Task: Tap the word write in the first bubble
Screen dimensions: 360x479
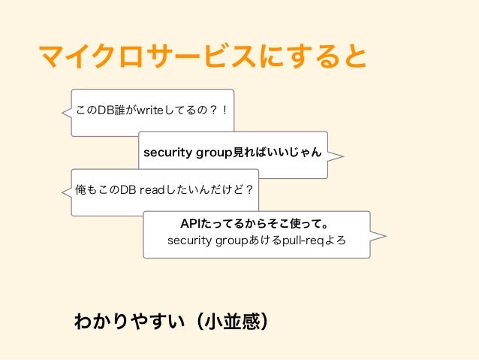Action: (145, 111)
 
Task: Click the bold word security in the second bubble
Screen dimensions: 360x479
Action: (168, 153)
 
